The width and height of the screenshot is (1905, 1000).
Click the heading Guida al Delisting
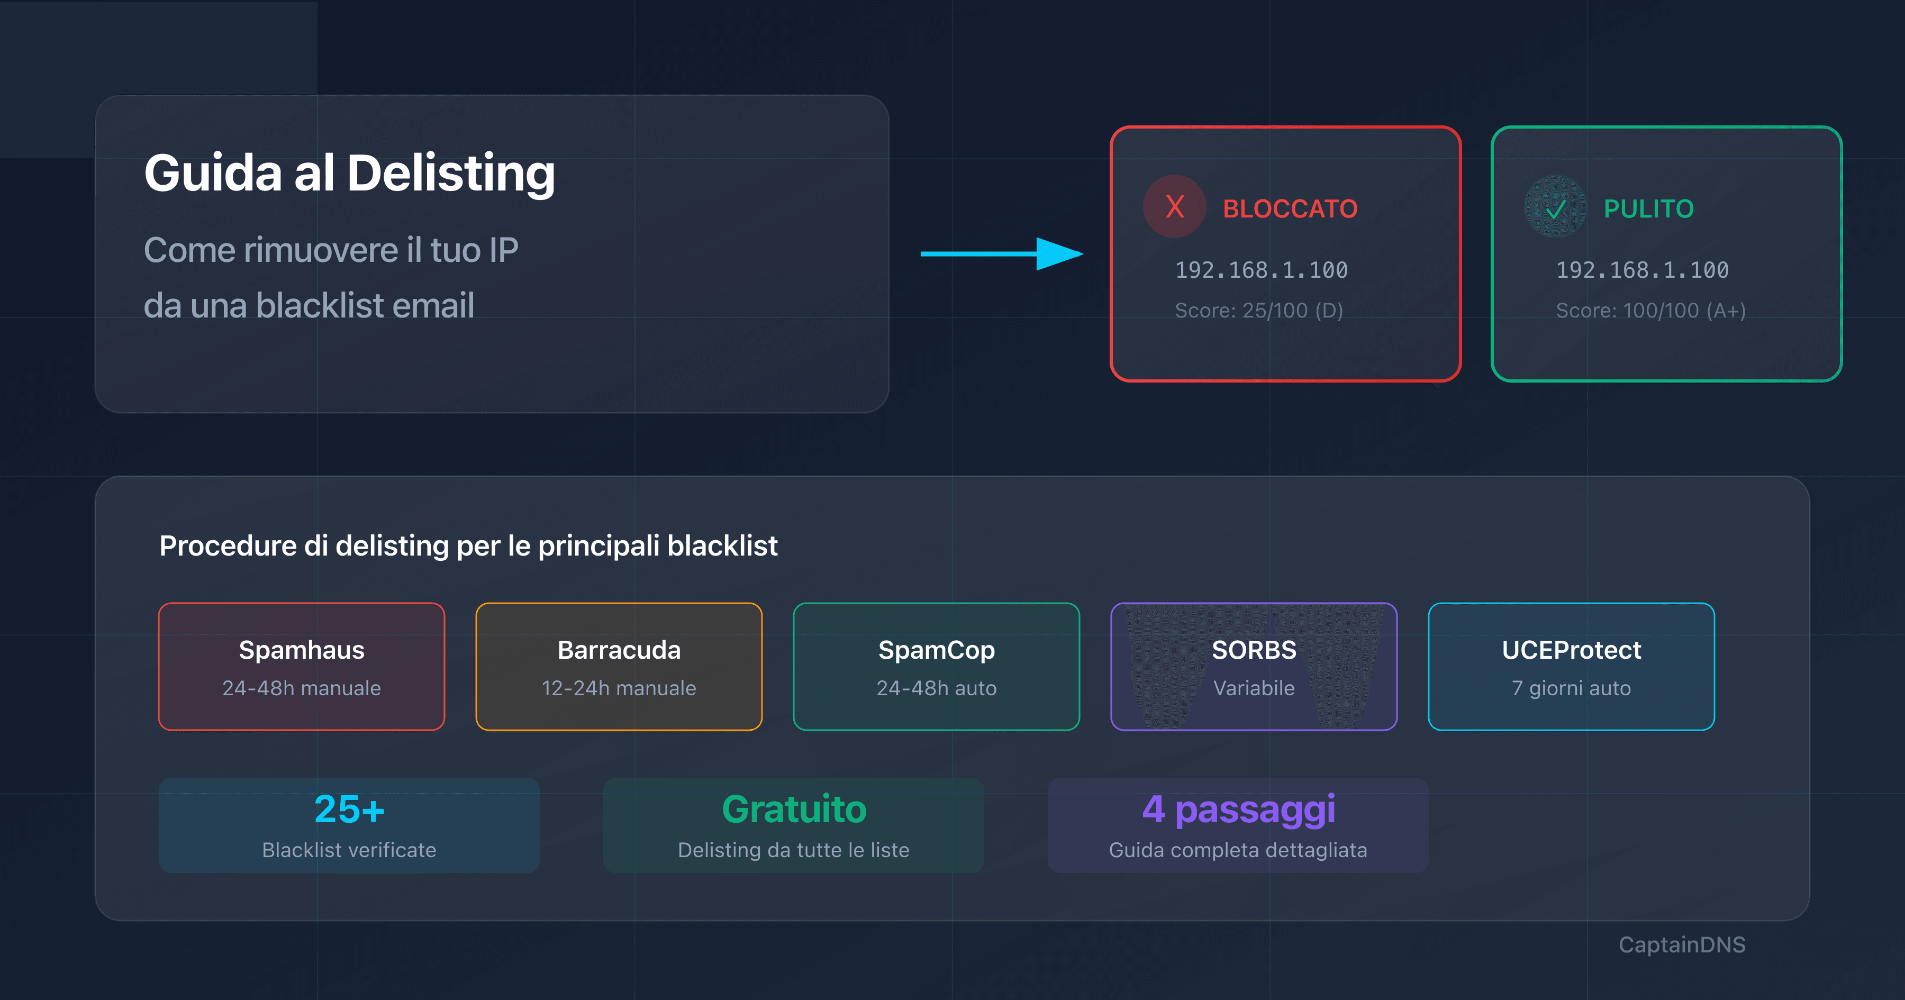click(349, 174)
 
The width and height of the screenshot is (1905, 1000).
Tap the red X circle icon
click(1174, 206)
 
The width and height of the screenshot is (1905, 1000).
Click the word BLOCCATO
click(1290, 208)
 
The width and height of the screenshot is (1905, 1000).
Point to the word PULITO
click(1648, 208)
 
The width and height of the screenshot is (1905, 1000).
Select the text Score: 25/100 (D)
click(1259, 310)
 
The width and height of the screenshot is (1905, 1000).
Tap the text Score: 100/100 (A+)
click(1650, 310)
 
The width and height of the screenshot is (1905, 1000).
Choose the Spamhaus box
click(302, 667)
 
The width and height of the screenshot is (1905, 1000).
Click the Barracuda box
click(619, 667)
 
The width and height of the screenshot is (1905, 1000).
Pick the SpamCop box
click(936, 667)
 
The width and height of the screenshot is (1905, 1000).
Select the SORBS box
click(1254, 667)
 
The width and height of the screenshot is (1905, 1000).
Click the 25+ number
click(349, 809)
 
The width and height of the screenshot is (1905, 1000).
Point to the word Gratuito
click(794, 809)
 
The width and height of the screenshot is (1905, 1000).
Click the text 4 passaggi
click(1239, 809)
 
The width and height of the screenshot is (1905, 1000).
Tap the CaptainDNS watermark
click(1682, 944)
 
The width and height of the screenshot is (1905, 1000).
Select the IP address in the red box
click(1261, 270)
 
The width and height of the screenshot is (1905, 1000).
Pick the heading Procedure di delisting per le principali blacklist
click(468, 546)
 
